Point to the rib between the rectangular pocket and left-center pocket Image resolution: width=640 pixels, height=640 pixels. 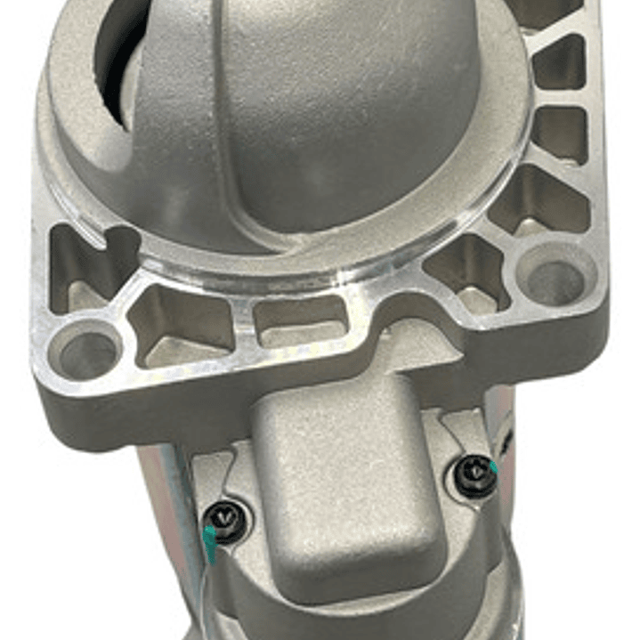pyautogui.click(x=242, y=325)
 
